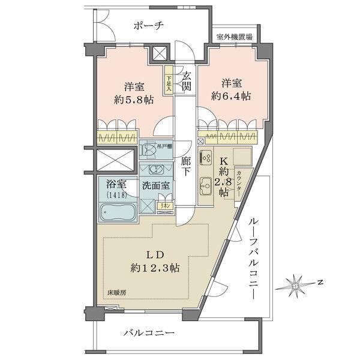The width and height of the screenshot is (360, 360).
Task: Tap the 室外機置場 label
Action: coord(235,37)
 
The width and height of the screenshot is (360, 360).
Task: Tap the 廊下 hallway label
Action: coord(187,166)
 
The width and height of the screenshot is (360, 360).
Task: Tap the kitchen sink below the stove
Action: coord(205,185)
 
